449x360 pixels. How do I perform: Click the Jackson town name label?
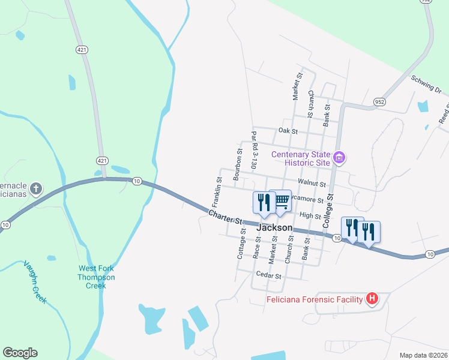(x=274, y=228)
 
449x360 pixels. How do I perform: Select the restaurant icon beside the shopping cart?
(x=263, y=202)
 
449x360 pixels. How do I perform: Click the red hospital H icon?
(x=372, y=298)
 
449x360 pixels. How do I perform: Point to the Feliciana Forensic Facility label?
(x=316, y=299)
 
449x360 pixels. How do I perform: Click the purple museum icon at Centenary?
(x=340, y=158)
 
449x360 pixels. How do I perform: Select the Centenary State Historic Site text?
(x=301, y=158)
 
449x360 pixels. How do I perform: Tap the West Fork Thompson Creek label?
(x=96, y=277)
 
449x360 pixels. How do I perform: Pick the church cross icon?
(x=35, y=190)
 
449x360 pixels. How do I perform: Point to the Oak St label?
(x=288, y=130)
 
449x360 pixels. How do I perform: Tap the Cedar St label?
(x=268, y=275)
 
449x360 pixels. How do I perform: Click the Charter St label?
(x=225, y=217)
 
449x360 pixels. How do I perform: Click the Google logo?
(x=20, y=353)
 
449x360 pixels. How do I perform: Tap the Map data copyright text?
(x=423, y=355)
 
